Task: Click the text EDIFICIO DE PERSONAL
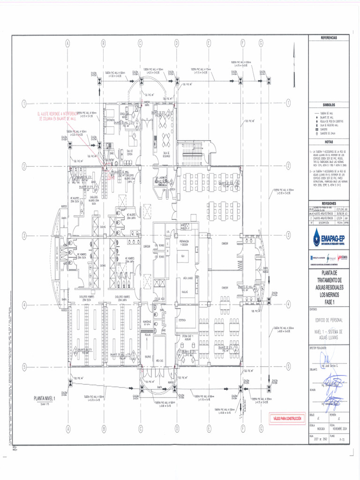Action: (329, 320)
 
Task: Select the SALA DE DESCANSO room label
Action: (165, 155)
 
